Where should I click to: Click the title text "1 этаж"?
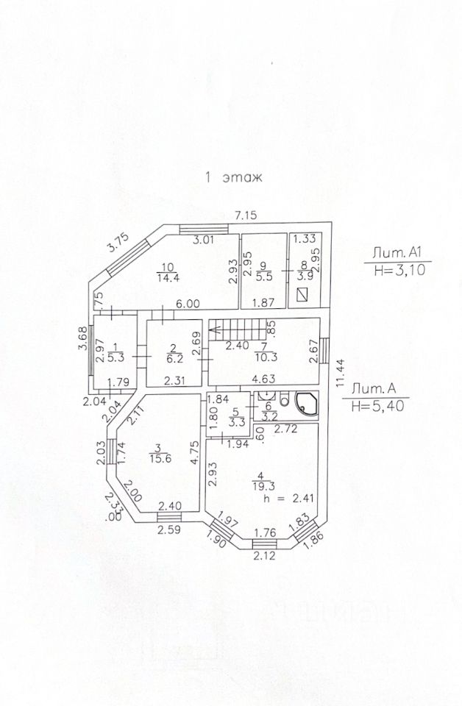(x=232, y=177)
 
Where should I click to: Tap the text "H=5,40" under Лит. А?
(x=376, y=405)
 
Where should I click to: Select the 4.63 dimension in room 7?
(x=264, y=380)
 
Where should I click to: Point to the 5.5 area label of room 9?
(x=263, y=277)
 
